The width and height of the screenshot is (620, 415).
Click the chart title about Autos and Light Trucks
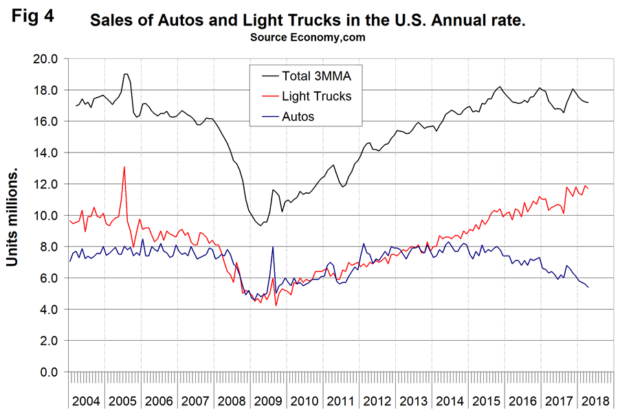309,22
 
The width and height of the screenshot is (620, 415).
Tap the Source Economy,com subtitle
309,38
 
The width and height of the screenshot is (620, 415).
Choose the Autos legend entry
298,117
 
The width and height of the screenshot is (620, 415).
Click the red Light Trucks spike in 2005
124,167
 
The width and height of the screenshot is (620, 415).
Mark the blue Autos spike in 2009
273,247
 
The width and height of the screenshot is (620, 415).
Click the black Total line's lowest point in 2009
260,226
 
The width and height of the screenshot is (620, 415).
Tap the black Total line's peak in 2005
126,74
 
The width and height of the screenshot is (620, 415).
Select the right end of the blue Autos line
588,287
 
